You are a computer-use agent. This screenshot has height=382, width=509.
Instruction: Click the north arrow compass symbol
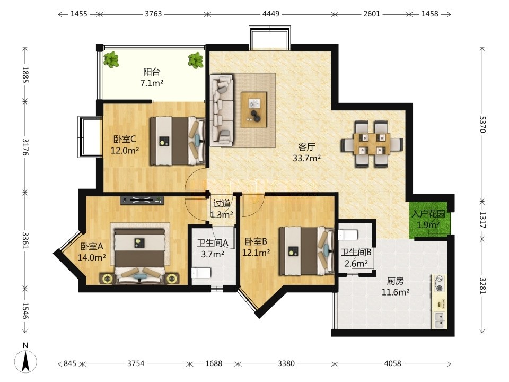(25, 361)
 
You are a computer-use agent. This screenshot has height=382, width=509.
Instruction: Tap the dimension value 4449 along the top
(271, 14)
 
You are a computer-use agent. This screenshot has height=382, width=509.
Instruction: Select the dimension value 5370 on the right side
(482, 124)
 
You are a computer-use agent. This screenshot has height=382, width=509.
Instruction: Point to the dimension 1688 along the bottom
(214, 363)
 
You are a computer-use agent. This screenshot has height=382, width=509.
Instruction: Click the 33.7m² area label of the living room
(307, 158)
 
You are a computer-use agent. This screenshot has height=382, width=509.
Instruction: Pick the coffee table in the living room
(254, 110)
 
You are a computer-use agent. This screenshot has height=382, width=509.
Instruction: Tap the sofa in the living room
(222, 110)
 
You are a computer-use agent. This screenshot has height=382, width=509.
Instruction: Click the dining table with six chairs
(372, 144)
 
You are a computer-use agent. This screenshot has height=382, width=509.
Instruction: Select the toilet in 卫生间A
(201, 273)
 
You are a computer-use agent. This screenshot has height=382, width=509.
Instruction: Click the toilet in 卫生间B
(348, 234)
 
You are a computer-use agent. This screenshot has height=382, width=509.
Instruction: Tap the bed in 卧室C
(178, 141)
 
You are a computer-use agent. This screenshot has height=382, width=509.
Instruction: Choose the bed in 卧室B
(307, 251)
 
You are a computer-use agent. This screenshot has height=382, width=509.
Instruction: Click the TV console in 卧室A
(142, 201)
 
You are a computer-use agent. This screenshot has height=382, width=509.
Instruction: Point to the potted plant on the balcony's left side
(111, 59)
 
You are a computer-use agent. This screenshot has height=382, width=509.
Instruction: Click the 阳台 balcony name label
(152, 72)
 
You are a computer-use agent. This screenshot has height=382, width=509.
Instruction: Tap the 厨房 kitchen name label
(395, 281)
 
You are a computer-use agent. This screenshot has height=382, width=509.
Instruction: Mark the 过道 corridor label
(222, 204)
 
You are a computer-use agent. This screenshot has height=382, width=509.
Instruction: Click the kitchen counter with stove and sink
(439, 301)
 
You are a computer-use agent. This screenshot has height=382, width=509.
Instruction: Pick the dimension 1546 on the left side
(25, 310)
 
